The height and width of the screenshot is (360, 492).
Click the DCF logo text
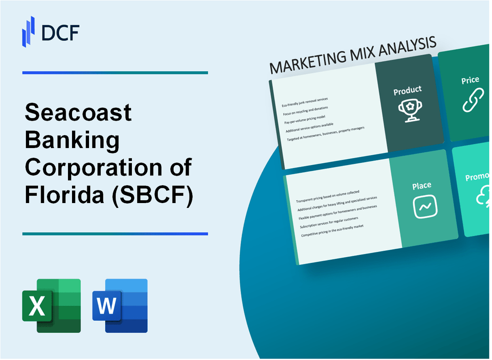(60, 33)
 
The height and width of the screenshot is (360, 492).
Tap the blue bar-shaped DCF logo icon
(29, 31)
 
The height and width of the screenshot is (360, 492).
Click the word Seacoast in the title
(78, 113)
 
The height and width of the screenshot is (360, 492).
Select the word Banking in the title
(72, 140)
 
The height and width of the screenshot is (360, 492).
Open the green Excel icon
(51, 306)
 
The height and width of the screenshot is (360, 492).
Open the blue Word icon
(120, 306)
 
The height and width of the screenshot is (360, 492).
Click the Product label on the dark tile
(407, 90)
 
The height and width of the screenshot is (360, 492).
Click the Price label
(470, 80)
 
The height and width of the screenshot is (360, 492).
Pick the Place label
(422, 185)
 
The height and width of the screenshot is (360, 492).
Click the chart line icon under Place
(425, 207)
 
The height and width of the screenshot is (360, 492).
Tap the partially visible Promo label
(477, 177)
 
